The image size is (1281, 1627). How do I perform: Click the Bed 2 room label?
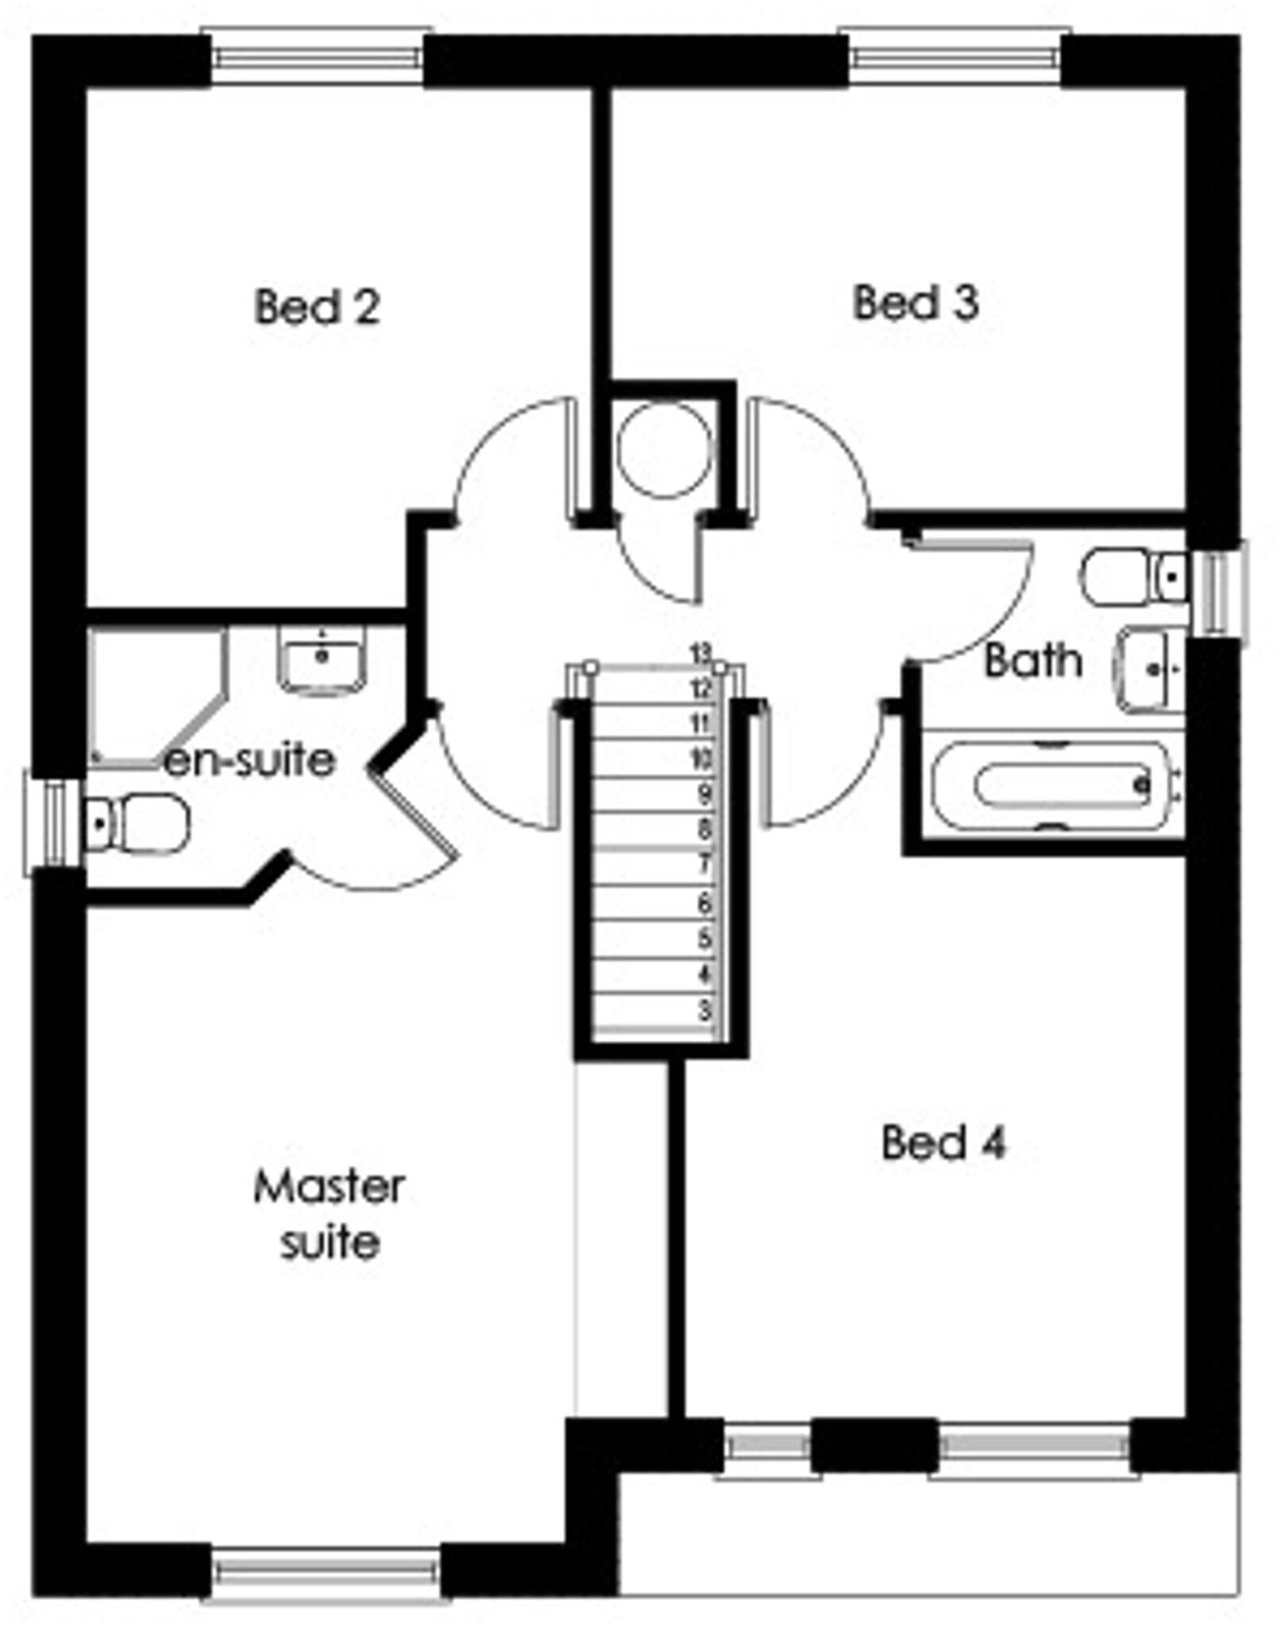tap(317, 307)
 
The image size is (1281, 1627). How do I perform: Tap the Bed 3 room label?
tap(915, 303)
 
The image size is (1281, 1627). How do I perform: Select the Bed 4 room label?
tap(943, 1142)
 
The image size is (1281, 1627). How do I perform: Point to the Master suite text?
tap(329, 1215)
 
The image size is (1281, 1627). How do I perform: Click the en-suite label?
tap(250, 760)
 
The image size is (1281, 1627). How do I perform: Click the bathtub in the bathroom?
tap(1052, 786)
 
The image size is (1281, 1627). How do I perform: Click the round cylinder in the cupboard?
tap(664, 450)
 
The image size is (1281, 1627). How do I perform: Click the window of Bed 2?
tap(317, 57)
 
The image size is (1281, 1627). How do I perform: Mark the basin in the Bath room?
tap(1149, 669)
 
